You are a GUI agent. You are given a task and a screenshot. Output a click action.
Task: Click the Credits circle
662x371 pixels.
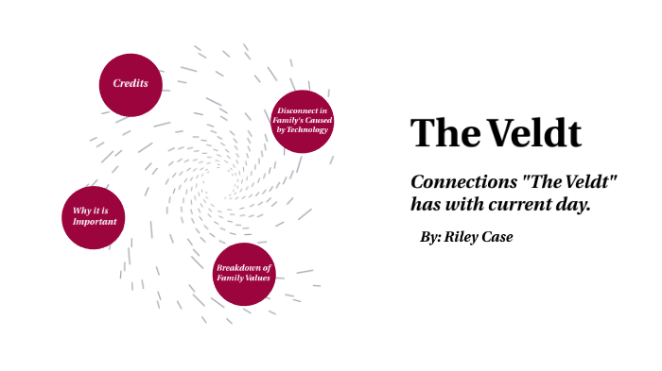(131, 84)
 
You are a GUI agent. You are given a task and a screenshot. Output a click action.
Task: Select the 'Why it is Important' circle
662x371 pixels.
(95, 217)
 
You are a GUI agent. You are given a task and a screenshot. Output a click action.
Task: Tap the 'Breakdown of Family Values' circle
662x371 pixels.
(243, 274)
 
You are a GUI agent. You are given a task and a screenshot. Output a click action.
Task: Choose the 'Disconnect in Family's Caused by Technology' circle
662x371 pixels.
(303, 122)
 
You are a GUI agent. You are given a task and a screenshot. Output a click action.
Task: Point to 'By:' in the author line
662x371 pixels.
(430, 237)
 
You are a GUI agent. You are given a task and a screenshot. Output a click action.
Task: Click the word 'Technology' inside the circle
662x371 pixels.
(303, 130)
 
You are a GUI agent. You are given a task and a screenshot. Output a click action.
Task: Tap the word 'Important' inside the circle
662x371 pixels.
(95, 223)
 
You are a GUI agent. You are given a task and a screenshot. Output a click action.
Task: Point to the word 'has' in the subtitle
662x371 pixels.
(425, 204)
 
